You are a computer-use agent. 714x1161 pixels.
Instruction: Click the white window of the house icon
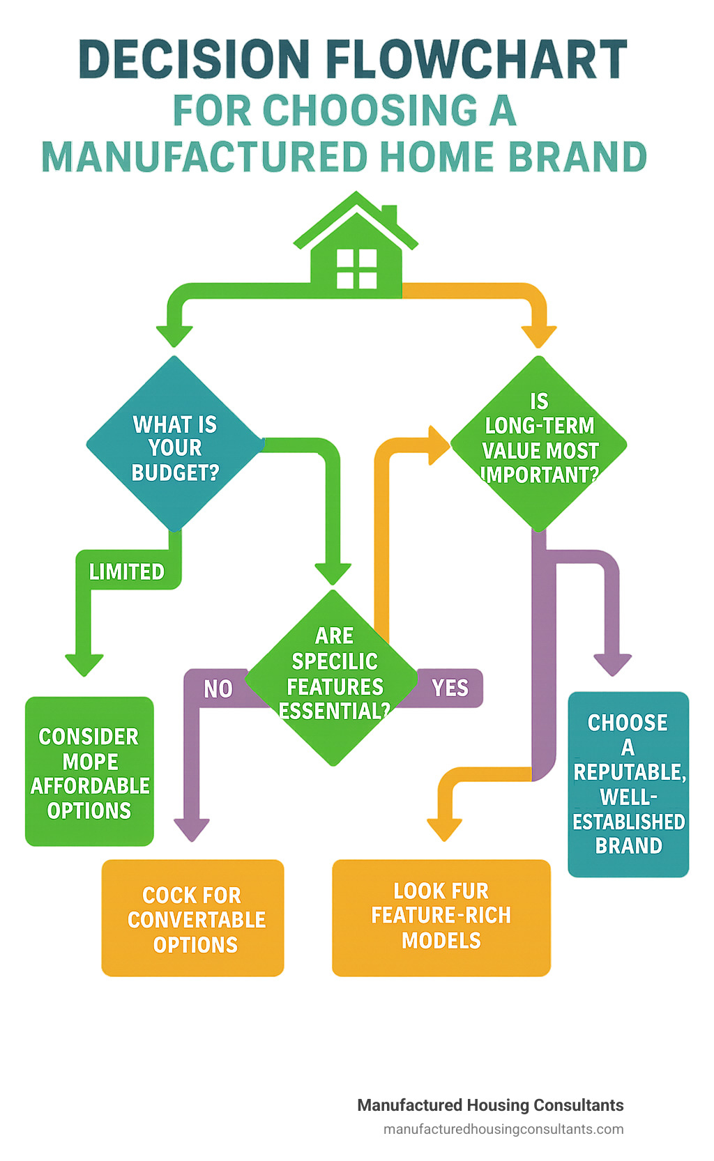point(356,268)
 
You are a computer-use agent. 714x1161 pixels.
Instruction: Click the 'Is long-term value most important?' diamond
point(539,444)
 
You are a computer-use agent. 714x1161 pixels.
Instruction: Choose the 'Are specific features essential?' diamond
point(334,677)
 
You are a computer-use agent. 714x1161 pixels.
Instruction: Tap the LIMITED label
point(127,572)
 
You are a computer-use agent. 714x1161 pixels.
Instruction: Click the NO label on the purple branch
point(218,689)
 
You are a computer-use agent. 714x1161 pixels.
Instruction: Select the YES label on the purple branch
point(450,689)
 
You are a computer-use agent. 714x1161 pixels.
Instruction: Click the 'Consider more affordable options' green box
point(89,772)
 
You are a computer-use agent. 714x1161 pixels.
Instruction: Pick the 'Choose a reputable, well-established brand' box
point(628,784)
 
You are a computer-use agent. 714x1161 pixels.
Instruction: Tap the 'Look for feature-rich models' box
point(441,917)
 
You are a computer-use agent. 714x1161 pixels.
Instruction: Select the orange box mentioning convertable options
point(193,918)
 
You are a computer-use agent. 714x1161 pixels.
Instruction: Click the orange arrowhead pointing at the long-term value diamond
point(439,445)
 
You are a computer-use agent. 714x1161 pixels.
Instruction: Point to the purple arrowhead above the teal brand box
point(612,664)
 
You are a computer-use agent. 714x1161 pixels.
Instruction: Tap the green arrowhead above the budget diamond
point(174,335)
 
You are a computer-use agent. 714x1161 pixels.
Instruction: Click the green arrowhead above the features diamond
point(333,574)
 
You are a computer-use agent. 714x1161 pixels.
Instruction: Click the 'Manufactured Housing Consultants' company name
point(490,1105)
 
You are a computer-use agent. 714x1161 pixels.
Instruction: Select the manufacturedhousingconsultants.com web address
point(503,1129)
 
